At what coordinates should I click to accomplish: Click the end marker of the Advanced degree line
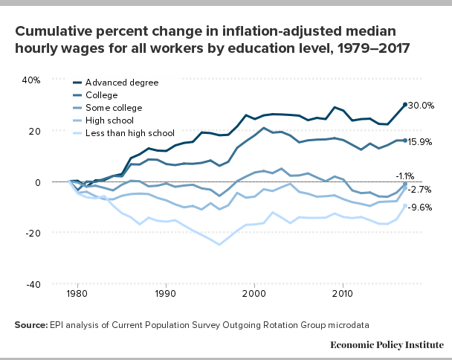[405, 105]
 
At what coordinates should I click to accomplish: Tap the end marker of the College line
[405, 141]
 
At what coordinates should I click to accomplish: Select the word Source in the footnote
[32, 325]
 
